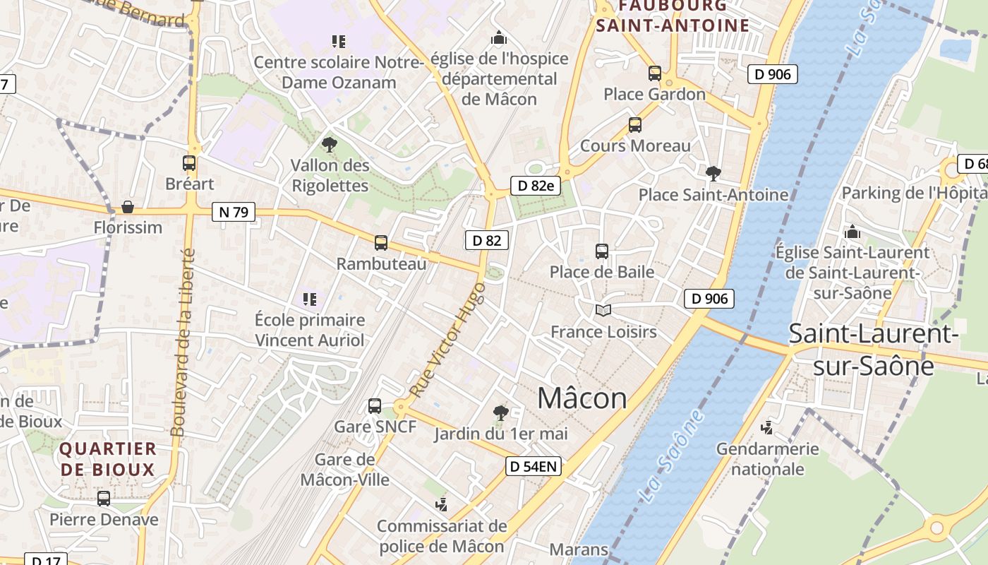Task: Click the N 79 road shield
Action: coord(234,212)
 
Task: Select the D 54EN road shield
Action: coord(534,466)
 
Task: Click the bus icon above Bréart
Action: coord(189,163)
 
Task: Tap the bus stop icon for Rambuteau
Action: coord(381,243)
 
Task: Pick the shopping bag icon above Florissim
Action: coord(128,207)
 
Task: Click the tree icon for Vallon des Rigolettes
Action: coord(329,145)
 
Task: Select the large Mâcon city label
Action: coord(582,398)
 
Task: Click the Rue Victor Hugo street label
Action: coord(447,339)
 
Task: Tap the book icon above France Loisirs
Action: coord(603,310)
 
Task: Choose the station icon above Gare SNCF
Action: coord(375,406)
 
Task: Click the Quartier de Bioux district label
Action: coord(107,459)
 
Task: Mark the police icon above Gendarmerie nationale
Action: coord(767,427)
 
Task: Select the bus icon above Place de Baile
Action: coord(602,251)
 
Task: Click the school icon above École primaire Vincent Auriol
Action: coord(309,299)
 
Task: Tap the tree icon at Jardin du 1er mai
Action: coord(501,412)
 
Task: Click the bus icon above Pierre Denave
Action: coord(104,499)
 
